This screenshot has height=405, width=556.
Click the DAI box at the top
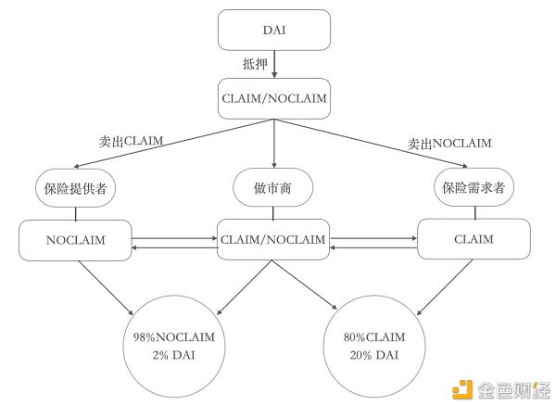[275, 30]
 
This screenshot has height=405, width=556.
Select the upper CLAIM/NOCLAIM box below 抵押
[274, 98]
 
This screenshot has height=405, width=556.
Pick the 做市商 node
[274, 188]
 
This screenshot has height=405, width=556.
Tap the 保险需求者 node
[474, 189]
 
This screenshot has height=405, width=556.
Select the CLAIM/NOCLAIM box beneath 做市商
[273, 240]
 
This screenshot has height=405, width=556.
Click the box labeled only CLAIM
[475, 240]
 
